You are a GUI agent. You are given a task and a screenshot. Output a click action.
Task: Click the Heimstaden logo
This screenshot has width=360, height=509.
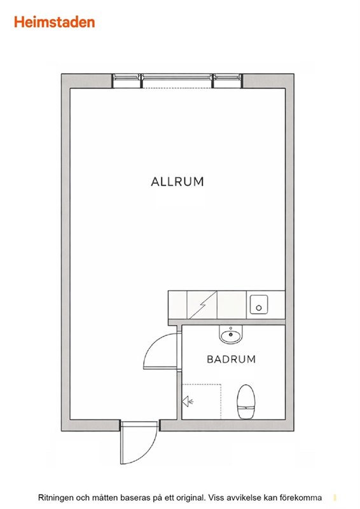54,22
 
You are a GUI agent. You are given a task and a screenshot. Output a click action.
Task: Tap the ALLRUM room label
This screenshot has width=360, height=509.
177,181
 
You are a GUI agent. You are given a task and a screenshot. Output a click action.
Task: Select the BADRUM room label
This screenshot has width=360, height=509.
231,359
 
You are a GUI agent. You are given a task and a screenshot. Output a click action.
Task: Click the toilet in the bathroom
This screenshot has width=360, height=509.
246,401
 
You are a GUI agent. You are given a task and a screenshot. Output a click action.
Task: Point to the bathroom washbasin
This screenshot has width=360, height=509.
231,334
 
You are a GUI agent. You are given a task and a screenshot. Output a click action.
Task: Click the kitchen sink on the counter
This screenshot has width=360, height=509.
259,305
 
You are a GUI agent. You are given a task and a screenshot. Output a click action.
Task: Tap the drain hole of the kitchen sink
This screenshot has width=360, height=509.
259,308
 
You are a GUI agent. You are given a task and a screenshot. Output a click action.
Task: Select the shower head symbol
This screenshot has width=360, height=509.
187,401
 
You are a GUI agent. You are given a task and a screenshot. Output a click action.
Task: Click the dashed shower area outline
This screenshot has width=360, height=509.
221,401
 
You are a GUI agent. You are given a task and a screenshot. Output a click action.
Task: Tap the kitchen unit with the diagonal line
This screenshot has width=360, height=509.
202,305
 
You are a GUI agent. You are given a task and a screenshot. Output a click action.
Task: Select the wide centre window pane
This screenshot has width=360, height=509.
177,77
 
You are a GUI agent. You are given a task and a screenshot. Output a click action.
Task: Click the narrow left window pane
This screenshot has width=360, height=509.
127,77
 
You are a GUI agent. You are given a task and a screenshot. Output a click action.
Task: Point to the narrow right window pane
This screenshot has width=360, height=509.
227,77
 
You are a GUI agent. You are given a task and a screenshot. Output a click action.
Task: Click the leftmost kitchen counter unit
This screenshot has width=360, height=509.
177,305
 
